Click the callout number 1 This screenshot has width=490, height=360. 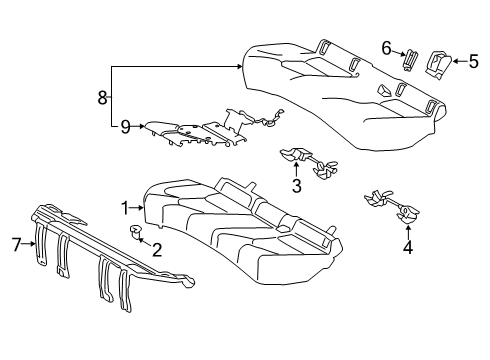point(125,208)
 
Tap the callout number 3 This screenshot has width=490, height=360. point(297,185)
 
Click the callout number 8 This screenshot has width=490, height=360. point(100,97)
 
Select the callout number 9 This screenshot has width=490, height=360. point(125,127)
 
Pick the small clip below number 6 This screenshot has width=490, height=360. point(408,60)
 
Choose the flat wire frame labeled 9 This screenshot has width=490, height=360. point(200,130)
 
